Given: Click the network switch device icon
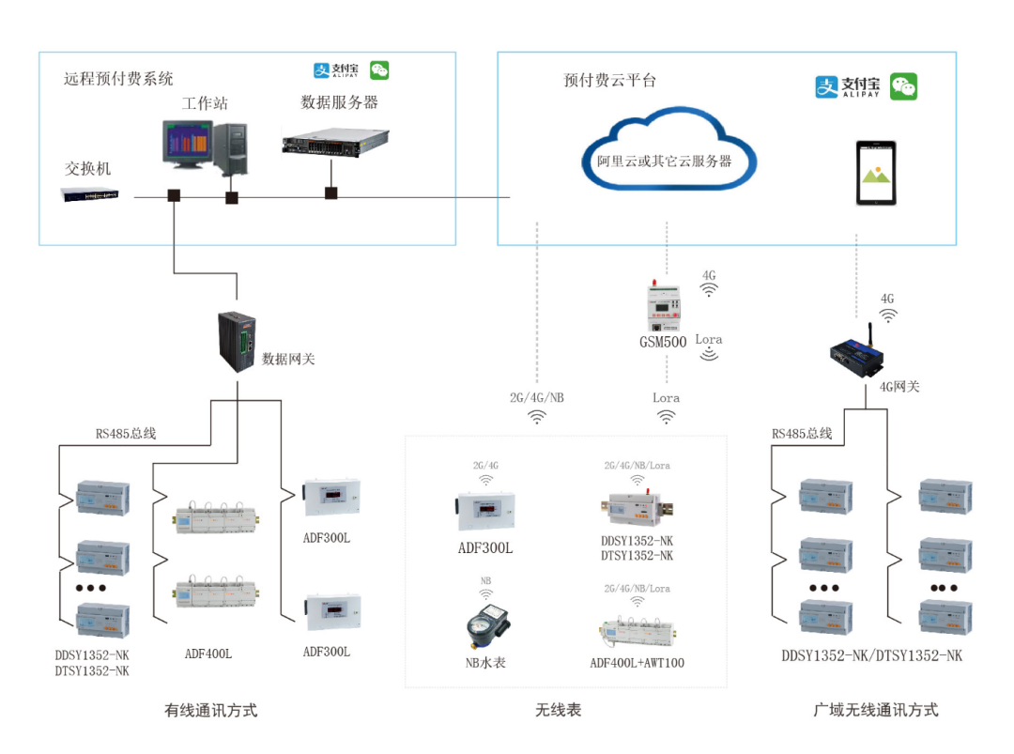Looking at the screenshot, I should pos(90,194).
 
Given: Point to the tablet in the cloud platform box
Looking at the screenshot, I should pos(875,173).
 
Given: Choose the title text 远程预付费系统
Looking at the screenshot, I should pos(118,79).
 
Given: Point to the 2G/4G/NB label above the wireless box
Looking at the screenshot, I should pos(537,397).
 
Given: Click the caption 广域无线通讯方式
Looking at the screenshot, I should pos(875,710).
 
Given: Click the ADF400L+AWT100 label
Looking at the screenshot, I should pos(637,663).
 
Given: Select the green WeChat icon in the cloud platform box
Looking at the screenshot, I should pos(903,86).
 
